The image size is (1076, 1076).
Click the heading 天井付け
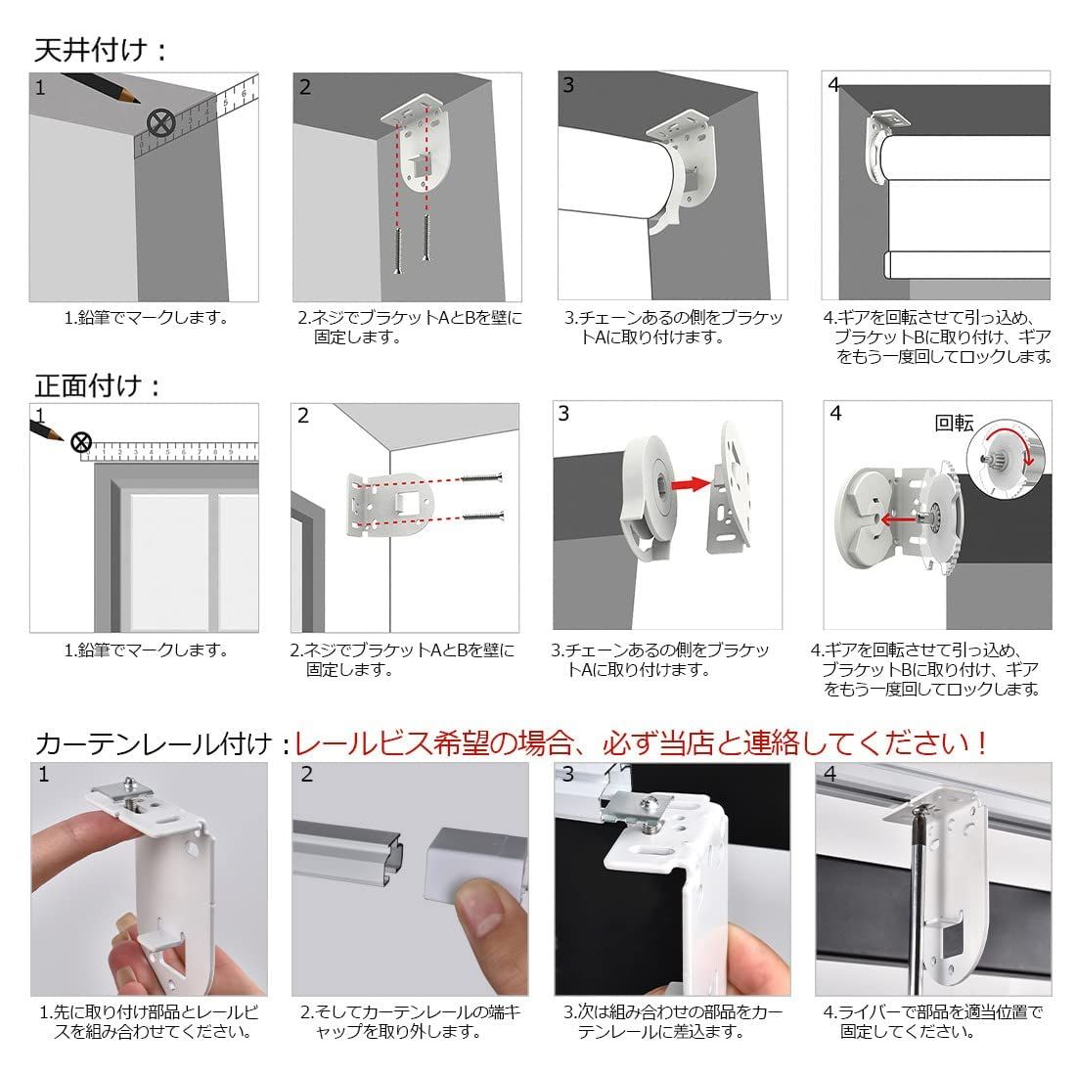91,50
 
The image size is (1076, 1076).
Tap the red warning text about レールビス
641,743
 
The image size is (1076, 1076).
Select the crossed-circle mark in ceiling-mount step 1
160,124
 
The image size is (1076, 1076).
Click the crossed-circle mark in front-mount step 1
81,442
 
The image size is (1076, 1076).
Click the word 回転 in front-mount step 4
954,423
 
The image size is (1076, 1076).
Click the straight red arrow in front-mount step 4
898,520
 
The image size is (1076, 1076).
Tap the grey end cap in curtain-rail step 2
474,866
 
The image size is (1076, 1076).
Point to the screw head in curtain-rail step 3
647,801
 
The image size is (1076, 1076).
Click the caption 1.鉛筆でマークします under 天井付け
146,318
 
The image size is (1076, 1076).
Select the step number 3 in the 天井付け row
568,85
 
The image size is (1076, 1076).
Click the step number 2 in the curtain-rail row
307,774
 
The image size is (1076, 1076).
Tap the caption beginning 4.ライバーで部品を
933,1021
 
